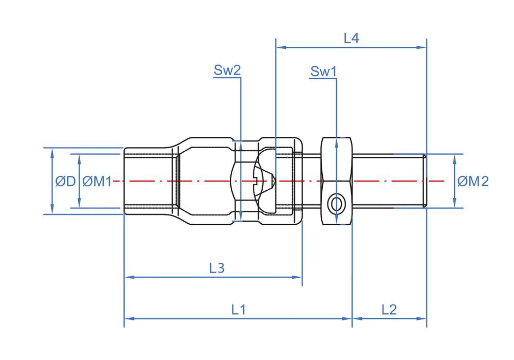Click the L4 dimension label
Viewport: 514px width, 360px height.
click(x=351, y=38)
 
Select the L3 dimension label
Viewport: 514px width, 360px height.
click(x=217, y=268)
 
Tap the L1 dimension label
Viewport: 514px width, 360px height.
click(x=238, y=310)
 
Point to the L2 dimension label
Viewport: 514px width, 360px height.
click(x=389, y=310)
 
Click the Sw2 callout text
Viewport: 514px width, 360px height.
click(x=227, y=70)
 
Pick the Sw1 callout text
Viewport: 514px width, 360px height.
click(x=323, y=71)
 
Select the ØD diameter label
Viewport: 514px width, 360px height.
click(x=65, y=181)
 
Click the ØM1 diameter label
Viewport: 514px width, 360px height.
click(x=97, y=181)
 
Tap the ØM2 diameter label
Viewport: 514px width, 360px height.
click(x=473, y=181)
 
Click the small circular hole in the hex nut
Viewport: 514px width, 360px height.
click(x=336, y=204)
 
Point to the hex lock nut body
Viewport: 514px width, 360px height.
click(x=337, y=165)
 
